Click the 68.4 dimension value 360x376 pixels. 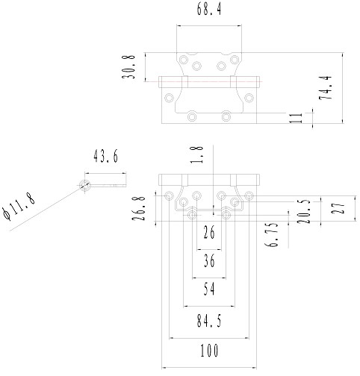[209, 10]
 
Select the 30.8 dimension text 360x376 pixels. [128, 67]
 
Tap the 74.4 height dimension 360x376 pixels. [326, 88]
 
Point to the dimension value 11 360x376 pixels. [296, 118]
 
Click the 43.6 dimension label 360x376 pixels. [105, 157]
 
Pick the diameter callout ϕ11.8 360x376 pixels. [19, 207]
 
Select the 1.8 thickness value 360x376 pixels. [196, 154]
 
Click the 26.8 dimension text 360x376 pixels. [138, 208]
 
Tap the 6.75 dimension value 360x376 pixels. [271, 234]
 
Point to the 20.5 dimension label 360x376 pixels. [304, 212]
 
